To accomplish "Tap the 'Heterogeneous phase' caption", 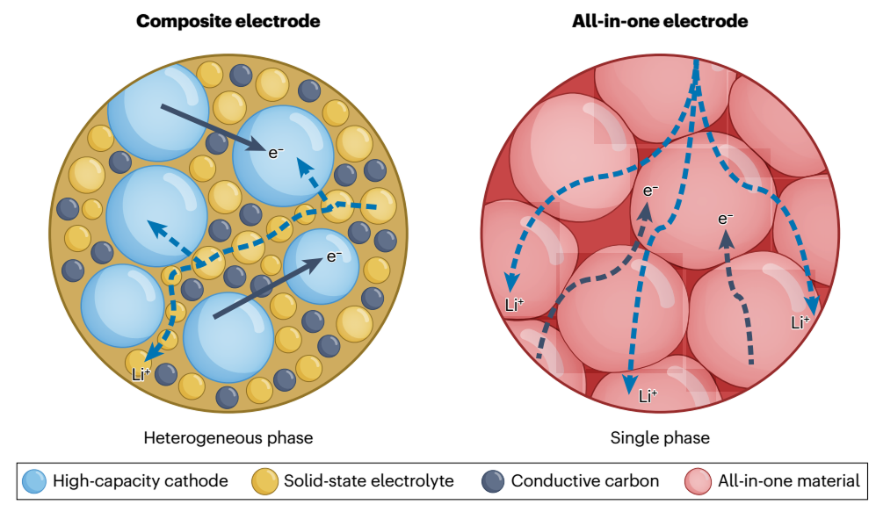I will (x=228, y=436).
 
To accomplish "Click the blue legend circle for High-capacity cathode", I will (x=33, y=480).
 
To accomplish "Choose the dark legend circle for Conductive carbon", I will (x=494, y=480).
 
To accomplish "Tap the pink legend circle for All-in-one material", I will (x=698, y=480).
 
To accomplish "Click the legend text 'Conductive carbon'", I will (x=584, y=481).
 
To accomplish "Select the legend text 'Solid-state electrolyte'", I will (x=368, y=481).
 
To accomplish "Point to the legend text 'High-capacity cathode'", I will (x=141, y=481).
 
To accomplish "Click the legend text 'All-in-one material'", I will (x=788, y=481).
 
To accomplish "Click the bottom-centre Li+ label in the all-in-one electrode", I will (x=648, y=395).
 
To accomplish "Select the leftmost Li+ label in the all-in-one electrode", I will (x=515, y=305).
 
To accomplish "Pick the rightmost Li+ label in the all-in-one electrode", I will (x=800, y=321).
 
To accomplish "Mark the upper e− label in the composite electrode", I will (x=276, y=153).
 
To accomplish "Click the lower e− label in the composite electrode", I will (x=334, y=256).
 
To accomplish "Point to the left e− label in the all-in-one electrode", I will (x=651, y=190).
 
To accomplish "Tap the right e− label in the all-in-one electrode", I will (x=726, y=219).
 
